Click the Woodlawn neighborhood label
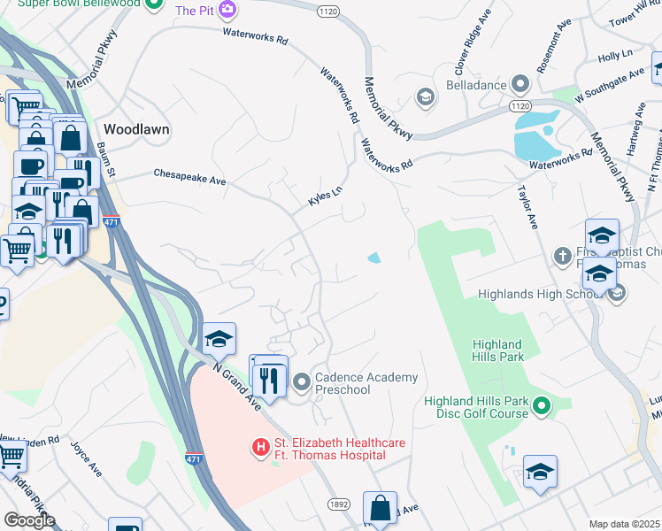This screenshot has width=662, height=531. pos(136,128)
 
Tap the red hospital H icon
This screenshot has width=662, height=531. pos(261,449)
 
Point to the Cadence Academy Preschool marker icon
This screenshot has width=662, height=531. pos(303,383)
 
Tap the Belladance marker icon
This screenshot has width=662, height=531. pos(520,85)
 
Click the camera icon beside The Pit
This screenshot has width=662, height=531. pos(228,10)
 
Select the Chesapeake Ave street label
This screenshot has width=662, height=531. pos(190,178)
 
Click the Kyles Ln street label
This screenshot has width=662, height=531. pos(324,196)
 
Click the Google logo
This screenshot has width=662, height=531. pos(29,519)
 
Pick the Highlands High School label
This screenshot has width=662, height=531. pos(540,294)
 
